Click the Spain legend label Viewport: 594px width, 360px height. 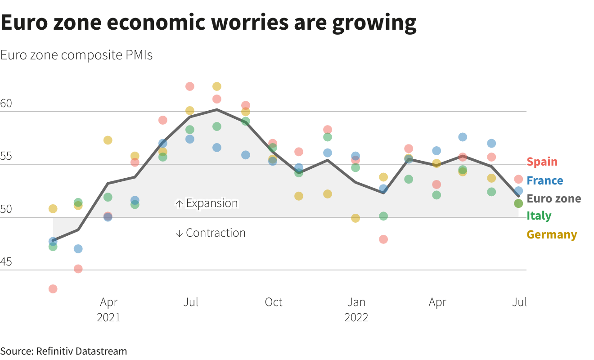[542, 162]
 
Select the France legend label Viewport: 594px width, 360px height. [544, 181]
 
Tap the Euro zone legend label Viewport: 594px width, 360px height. [553, 199]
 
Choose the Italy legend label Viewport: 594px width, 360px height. [539, 216]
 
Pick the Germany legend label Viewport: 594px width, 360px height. [551, 235]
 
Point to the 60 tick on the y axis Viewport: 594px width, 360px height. [6, 104]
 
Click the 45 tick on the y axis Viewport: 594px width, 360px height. [6, 262]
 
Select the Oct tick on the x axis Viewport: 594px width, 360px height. [274, 302]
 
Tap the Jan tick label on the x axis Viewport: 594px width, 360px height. [356, 302]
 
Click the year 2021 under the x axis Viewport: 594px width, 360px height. [108, 318]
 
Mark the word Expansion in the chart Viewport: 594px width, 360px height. [211, 203]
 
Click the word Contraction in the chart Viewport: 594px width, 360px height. [216, 233]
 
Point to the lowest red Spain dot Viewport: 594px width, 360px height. [53, 289]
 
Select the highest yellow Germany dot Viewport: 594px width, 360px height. [217, 86]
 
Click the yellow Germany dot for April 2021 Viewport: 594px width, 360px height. [108, 140]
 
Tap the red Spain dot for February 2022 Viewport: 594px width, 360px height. [383, 239]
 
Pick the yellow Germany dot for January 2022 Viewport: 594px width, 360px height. [355, 218]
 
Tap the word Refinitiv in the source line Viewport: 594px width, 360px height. [56, 351]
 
